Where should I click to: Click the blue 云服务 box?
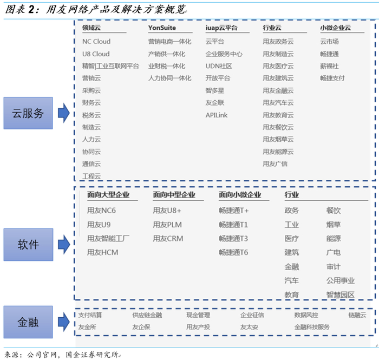point(28,113)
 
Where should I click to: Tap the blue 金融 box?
point(28,322)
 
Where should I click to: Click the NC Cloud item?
point(96,42)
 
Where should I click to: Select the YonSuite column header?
point(162,28)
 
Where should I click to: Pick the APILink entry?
point(217,115)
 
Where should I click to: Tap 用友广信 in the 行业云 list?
point(275,163)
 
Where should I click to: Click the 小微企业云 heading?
point(335,28)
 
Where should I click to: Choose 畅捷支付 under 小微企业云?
point(332,78)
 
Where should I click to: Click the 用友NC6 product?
point(101,211)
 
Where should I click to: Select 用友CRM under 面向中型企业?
point(168,238)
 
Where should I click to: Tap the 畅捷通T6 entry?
point(233,252)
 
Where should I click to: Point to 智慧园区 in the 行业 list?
point(340,294)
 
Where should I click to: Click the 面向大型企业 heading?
point(108,195)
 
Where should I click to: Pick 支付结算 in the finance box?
point(90,315)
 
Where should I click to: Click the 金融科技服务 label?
point(312,327)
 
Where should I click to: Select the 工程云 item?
point(92,176)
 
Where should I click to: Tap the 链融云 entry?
point(357,315)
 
